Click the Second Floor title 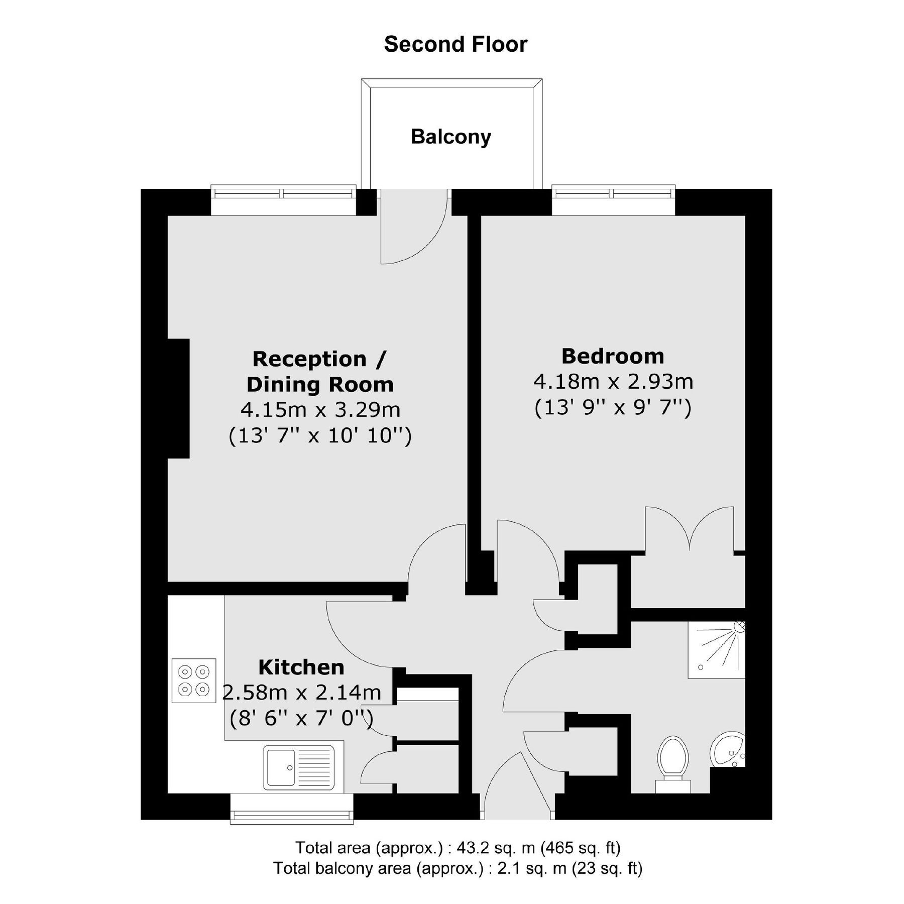456,44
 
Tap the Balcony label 450,137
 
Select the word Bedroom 612,356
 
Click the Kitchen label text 301,667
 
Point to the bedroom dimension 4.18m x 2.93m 613,382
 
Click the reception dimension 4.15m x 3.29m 320,410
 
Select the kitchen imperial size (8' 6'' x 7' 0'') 301,719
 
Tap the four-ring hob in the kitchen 194,680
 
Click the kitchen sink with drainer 299,767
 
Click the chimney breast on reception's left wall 178,398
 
